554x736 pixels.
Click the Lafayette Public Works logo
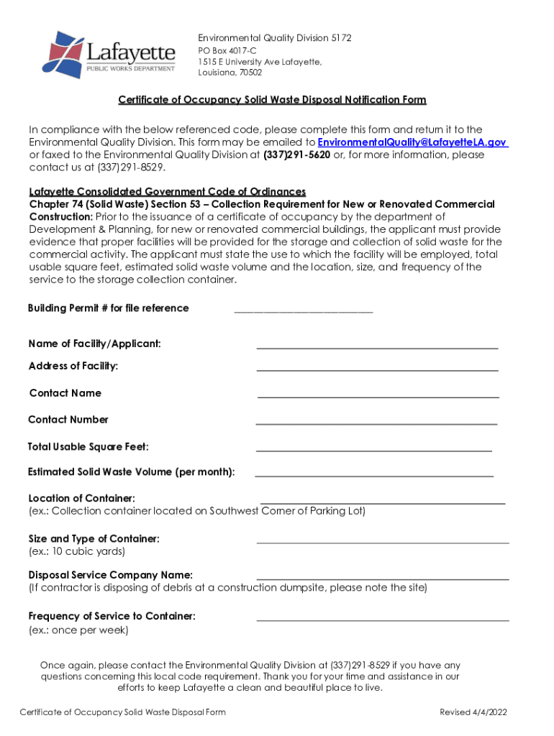coord(112,55)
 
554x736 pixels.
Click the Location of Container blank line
coord(382,500)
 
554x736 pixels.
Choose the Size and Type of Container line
coord(382,540)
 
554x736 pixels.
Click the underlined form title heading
coord(272,100)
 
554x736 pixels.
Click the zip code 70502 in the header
coord(250,73)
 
